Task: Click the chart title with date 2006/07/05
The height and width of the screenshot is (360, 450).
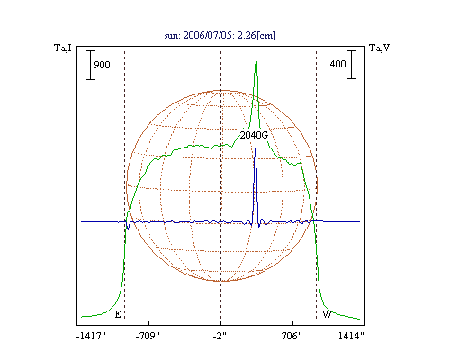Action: coord(220,35)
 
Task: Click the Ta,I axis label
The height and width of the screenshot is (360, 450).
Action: coord(63,48)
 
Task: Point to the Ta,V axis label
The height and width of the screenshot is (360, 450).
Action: coord(380,48)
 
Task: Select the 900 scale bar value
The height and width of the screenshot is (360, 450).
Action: coord(102,65)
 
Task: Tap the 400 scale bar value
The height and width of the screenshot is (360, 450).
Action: coord(337,64)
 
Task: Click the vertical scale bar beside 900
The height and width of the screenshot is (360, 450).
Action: coord(91,65)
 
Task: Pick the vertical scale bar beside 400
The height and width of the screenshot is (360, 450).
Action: coord(352,65)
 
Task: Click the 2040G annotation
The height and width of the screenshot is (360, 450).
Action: coord(254,135)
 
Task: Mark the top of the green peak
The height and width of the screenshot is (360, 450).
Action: coord(256,61)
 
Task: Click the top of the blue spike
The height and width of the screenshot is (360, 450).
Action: coord(256,149)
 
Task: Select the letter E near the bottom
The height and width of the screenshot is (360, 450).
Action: coord(118,314)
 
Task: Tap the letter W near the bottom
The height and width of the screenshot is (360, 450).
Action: coord(327,314)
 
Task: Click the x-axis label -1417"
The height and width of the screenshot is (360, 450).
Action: coord(91,336)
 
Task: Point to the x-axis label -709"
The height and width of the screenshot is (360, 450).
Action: coord(148,336)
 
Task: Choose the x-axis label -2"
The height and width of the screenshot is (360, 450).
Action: coord(220,336)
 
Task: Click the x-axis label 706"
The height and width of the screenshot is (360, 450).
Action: coord(292,336)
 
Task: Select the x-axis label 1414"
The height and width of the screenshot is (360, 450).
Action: coord(351,336)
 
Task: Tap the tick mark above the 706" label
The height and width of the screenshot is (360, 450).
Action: coord(292,323)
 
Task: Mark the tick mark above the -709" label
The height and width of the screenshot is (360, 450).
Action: coord(148,323)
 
